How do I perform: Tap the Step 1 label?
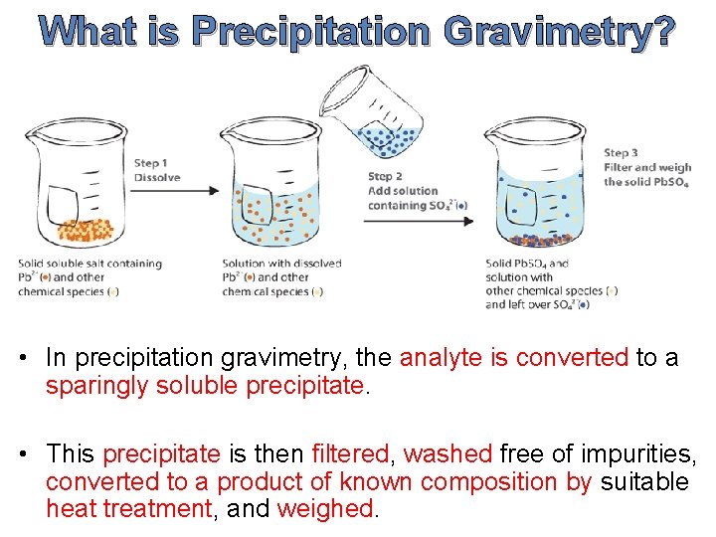[x=150, y=163]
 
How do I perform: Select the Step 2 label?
[x=385, y=177]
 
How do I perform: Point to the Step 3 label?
[x=622, y=153]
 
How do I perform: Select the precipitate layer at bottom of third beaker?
[x=540, y=239]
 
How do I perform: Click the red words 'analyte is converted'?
[x=514, y=358]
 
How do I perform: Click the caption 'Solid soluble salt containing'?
[x=89, y=264]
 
